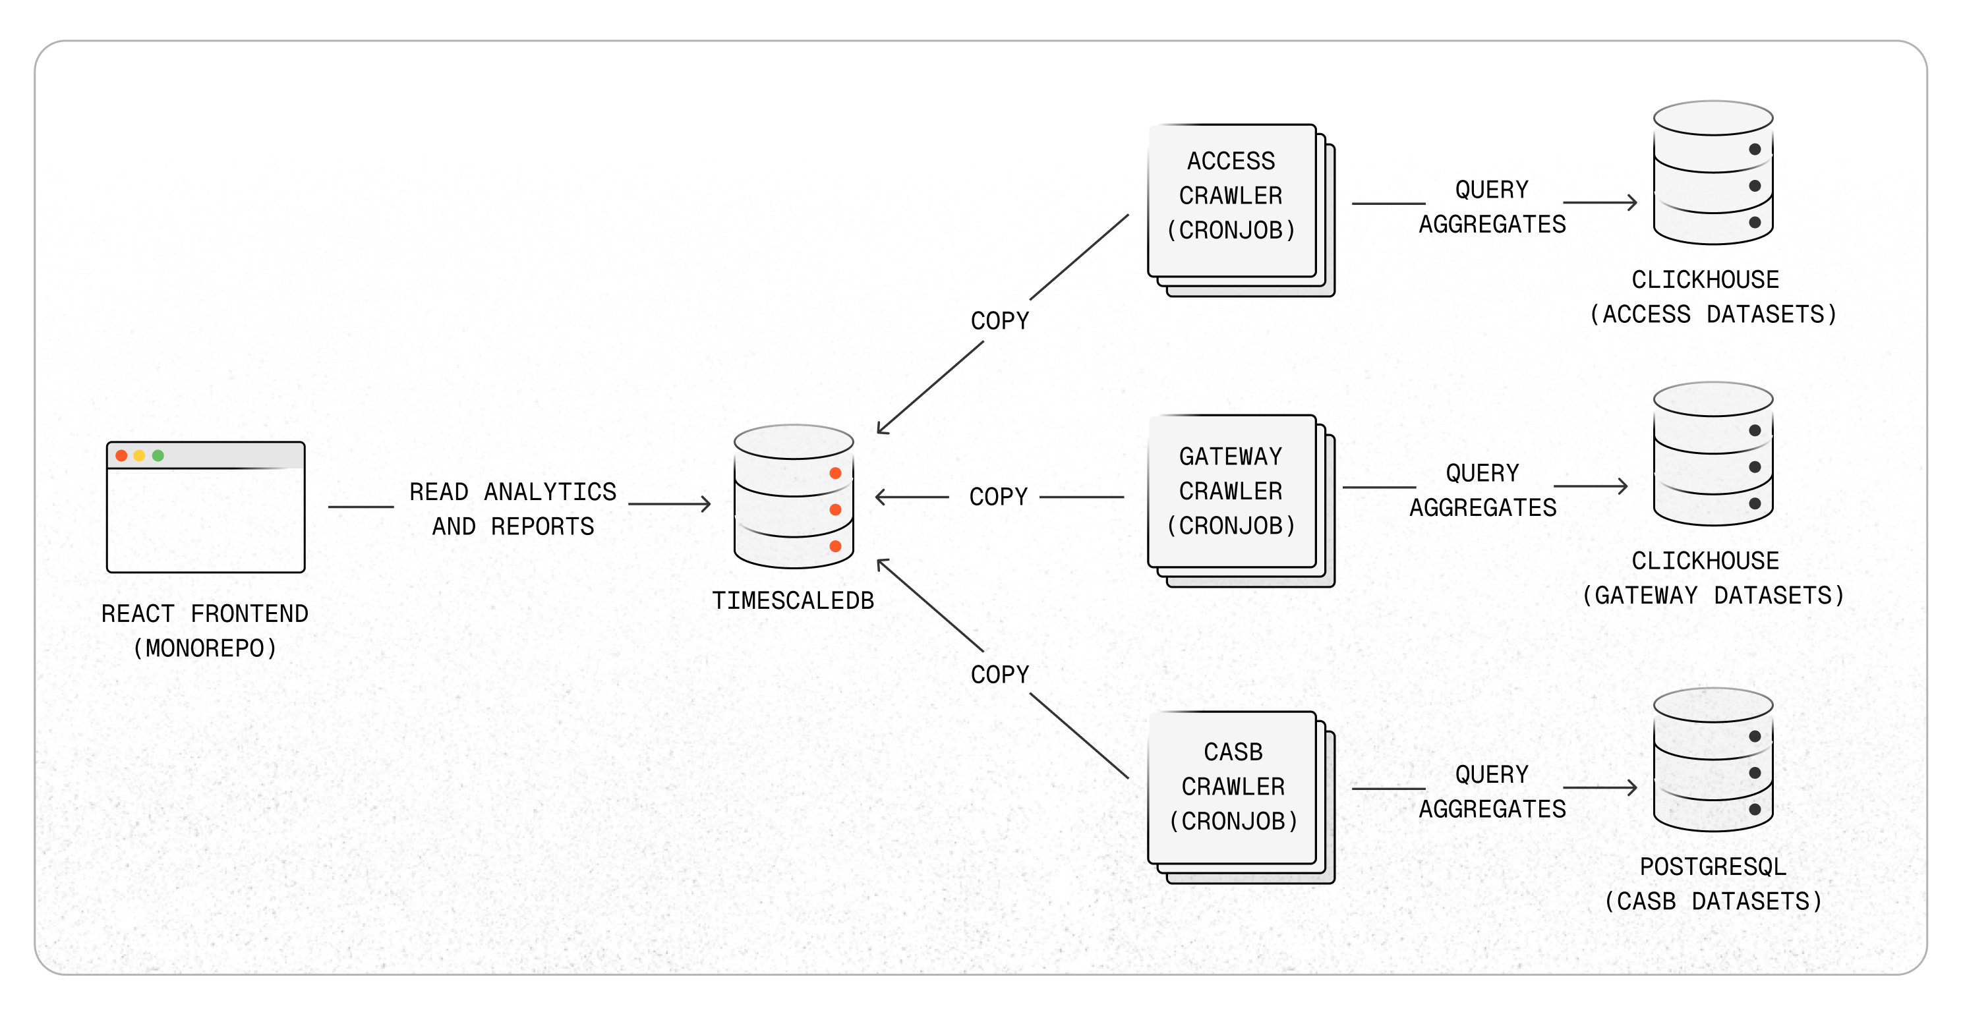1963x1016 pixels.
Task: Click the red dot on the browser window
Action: point(121,455)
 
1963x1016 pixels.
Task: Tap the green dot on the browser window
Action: point(158,455)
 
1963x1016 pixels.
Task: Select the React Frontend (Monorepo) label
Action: point(205,631)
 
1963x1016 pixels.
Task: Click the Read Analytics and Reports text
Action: point(513,509)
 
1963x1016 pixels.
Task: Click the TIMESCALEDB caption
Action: point(793,601)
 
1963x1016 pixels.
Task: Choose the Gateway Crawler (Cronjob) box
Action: point(1232,492)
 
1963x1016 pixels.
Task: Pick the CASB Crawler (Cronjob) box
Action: point(1232,787)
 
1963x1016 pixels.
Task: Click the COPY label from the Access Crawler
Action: point(1000,321)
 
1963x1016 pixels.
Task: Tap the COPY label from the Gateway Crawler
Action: point(998,497)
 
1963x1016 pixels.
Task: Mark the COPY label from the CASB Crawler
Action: point(1000,674)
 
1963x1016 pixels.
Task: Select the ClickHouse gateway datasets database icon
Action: point(1713,454)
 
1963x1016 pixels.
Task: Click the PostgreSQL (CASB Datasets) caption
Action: point(1713,884)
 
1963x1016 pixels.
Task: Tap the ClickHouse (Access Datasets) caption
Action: point(1713,297)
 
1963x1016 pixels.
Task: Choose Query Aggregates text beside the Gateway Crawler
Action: point(1483,490)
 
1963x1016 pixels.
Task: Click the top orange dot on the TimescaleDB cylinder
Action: point(835,473)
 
